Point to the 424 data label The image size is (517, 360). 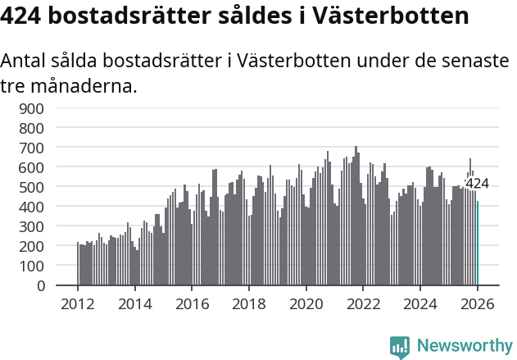(477, 184)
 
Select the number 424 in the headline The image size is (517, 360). (23, 16)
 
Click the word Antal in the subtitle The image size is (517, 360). (28, 62)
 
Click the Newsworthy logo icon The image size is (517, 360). (400, 347)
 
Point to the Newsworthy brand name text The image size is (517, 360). (464, 347)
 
